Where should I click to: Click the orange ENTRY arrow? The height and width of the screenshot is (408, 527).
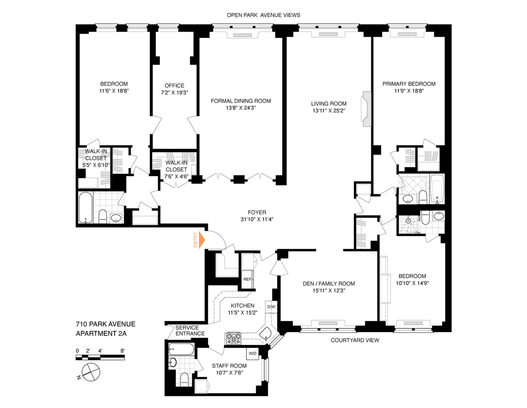pyautogui.click(x=201, y=240)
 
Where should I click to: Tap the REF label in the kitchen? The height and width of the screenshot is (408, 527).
pyautogui.click(x=247, y=279)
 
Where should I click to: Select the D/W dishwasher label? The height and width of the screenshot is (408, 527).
pyautogui.click(x=271, y=307)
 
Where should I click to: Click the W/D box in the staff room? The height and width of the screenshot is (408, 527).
pyautogui.click(x=252, y=353)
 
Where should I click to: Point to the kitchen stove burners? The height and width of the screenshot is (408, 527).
pyautogui.click(x=233, y=338)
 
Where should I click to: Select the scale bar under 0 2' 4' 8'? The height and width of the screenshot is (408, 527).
pyautogui.click(x=100, y=358)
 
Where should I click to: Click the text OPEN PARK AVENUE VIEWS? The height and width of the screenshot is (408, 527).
pyautogui.click(x=263, y=15)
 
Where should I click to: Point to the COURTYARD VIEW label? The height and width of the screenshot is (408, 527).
pyautogui.click(x=355, y=340)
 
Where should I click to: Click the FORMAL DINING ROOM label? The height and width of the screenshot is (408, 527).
pyautogui.click(x=240, y=101)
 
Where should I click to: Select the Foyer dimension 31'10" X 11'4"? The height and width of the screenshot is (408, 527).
pyautogui.click(x=257, y=219)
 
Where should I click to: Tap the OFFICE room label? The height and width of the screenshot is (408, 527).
pyautogui.click(x=174, y=86)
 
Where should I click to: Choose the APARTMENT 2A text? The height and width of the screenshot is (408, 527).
pyautogui.click(x=101, y=333)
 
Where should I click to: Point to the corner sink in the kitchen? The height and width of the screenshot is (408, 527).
pyautogui.click(x=267, y=334)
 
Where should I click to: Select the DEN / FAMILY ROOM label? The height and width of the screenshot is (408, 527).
pyautogui.click(x=329, y=284)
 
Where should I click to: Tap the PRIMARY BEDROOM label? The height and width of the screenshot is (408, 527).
pyautogui.click(x=409, y=84)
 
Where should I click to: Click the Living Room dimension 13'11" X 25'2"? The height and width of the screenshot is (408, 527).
pyautogui.click(x=329, y=111)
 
